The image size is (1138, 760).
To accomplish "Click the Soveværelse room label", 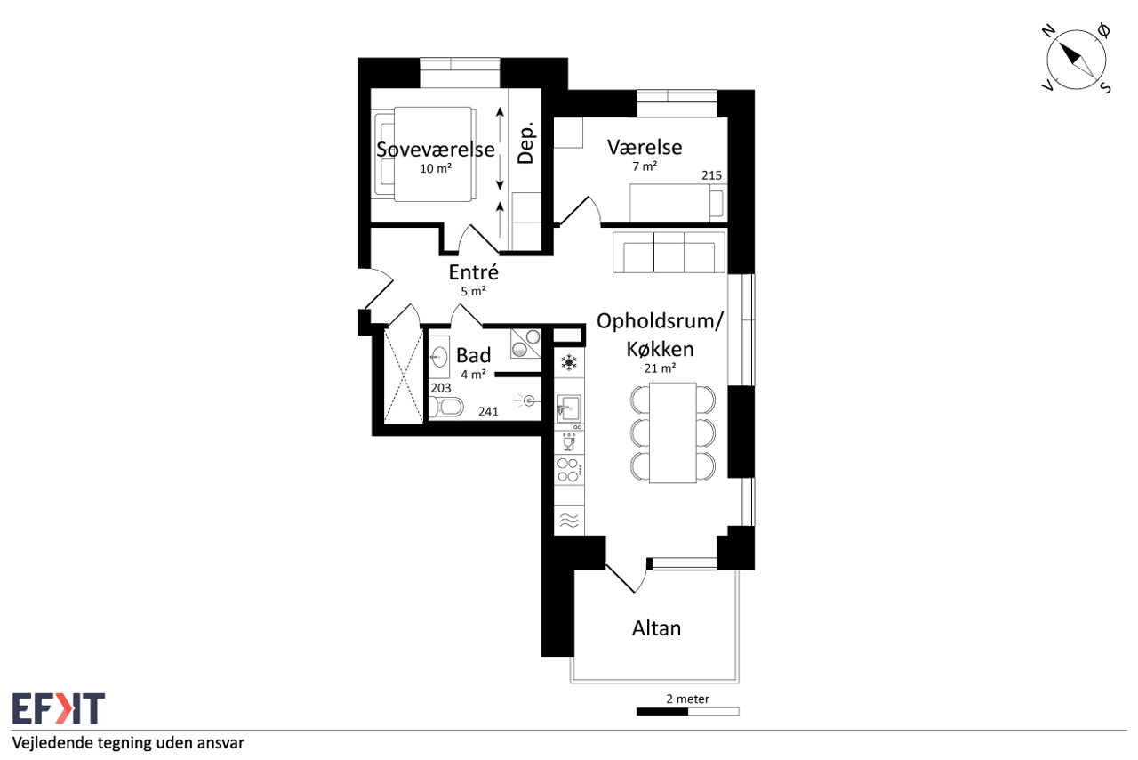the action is pyautogui.click(x=436, y=149).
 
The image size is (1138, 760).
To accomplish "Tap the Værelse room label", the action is pyautogui.click(x=645, y=147).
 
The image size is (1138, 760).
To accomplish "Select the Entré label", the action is pyautogui.click(x=474, y=272).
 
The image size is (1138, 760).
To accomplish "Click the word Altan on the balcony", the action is pyautogui.click(x=656, y=628).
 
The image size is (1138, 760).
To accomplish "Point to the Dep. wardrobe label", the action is pyautogui.click(x=526, y=143).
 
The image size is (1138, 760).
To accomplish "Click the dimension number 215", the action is pyautogui.click(x=711, y=175).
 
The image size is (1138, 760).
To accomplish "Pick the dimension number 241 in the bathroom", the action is pyautogui.click(x=488, y=411).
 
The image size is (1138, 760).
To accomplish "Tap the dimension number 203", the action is pyautogui.click(x=440, y=388).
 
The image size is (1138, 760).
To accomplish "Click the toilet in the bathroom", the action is pyautogui.click(x=446, y=407).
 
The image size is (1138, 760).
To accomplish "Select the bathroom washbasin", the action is pyautogui.click(x=439, y=356).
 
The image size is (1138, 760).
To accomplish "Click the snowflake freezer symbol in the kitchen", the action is pyautogui.click(x=569, y=363).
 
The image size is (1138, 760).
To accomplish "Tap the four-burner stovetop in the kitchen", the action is pyautogui.click(x=568, y=470).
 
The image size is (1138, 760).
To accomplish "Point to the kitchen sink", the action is pyautogui.click(x=569, y=408).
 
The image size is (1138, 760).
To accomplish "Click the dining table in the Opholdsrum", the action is pyautogui.click(x=673, y=433).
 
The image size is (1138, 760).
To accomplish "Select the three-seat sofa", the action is pyautogui.click(x=669, y=253).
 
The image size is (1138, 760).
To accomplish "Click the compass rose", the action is pyautogui.click(x=1076, y=60).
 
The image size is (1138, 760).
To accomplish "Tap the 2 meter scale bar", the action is pyautogui.click(x=688, y=712).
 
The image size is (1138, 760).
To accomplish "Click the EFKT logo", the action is pyautogui.click(x=59, y=708).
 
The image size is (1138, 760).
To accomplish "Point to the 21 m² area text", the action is pyautogui.click(x=660, y=368).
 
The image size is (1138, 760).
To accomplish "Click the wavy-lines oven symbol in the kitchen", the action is pyautogui.click(x=569, y=521).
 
